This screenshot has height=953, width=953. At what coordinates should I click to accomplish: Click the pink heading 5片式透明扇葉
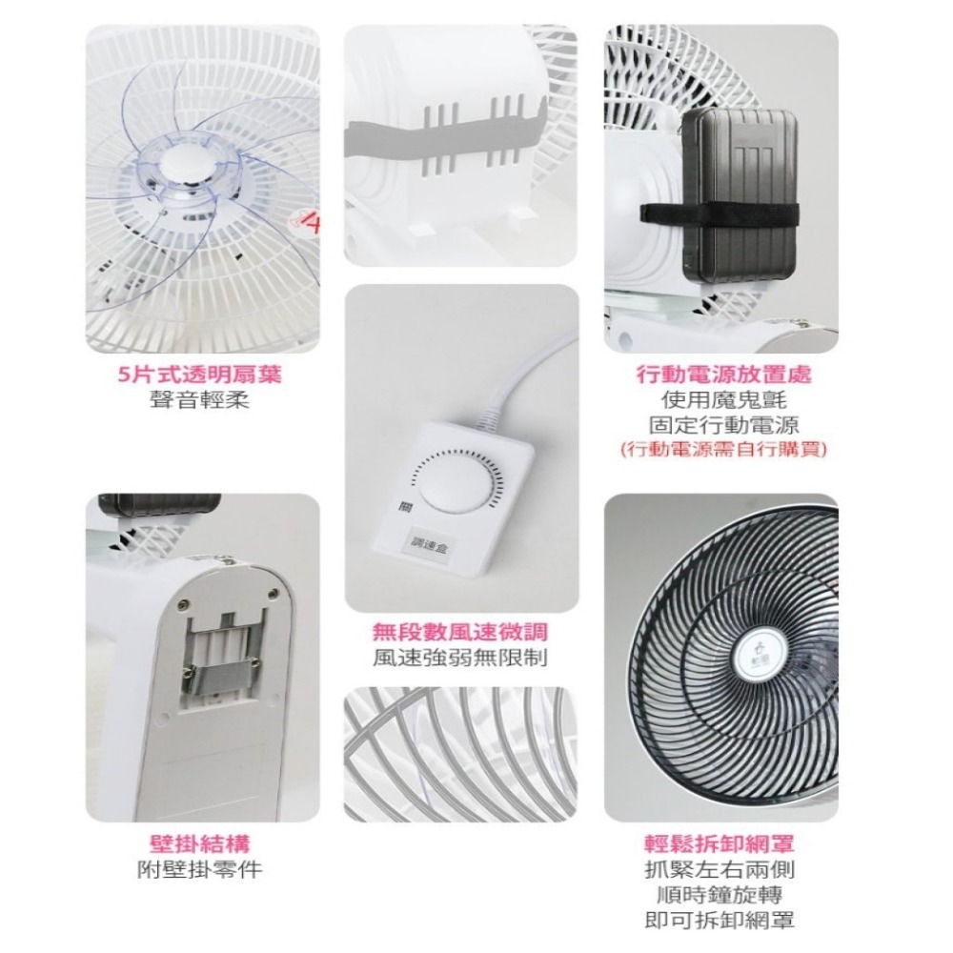coord(199,375)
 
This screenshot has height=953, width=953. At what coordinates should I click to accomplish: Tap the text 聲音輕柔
coord(199,400)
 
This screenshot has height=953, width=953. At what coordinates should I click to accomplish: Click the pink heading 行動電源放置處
coord(723,375)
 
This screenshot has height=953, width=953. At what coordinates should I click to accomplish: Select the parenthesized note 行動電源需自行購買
coord(723,449)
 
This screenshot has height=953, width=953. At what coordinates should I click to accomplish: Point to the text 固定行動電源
coord(723,424)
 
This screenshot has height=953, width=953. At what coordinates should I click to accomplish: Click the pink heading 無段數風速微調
coord(461,631)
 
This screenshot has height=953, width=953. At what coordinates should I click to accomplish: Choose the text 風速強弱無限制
coord(461,658)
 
